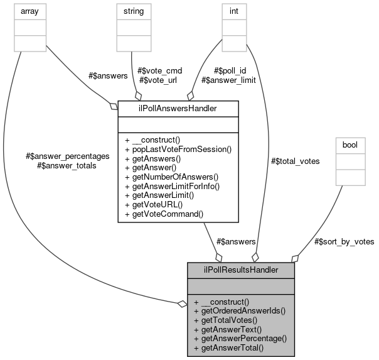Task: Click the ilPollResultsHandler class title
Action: click(x=241, y=270)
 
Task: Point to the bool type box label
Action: click(x=350, y=145)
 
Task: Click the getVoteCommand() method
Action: click(x=164, y=214)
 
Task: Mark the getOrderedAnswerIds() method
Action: click(x=240, y=310)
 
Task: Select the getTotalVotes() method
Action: click(x=228, y=320)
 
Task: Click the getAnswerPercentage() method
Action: click(x=240, y=338)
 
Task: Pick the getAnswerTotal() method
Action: click(x=228, y=347)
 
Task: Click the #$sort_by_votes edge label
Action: click(x=343, y=241)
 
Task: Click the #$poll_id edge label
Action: click(x=230, y=70)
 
